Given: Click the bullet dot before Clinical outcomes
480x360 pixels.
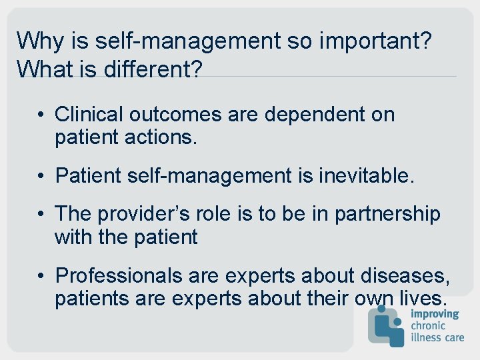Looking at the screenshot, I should point(41,115).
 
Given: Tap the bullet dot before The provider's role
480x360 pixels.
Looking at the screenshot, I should point(41,215).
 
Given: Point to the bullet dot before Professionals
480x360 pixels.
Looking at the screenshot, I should point(41,276).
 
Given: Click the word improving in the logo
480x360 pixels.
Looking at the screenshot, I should point(435,315).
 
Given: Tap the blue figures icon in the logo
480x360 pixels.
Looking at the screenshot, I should point(387,327).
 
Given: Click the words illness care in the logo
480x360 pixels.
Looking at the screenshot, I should point(437,337).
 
